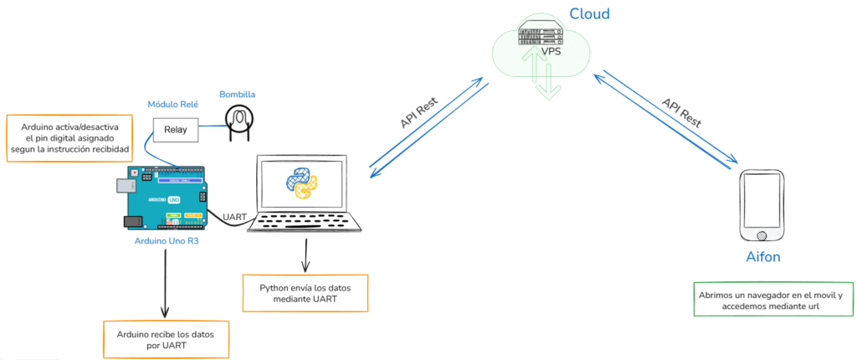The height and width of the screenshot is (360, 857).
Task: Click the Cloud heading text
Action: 589,13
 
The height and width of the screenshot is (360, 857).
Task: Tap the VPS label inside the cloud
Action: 551,52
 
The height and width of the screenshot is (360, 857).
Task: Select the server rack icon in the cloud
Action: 541,34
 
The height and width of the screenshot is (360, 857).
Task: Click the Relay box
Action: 176,130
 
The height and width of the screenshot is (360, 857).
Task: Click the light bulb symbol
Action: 239,120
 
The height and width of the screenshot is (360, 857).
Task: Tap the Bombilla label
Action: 238,94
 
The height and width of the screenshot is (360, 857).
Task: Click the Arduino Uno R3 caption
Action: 166,241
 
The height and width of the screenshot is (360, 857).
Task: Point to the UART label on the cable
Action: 234,217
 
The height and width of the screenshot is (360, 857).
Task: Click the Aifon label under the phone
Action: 762,257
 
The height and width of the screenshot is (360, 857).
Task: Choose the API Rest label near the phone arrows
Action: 681,113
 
